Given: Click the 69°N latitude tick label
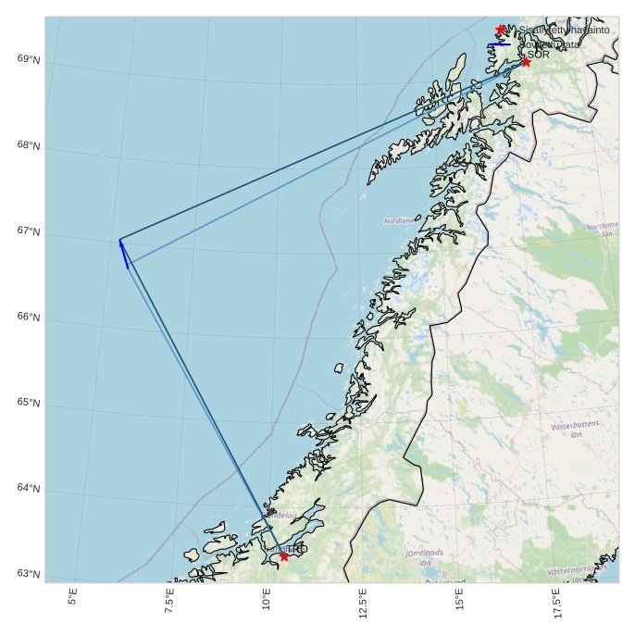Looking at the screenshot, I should pos(29,60).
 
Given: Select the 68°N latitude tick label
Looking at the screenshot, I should pos(29,146).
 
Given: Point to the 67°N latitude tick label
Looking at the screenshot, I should pos(29,231).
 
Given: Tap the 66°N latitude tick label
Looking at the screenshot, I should pos(29,318).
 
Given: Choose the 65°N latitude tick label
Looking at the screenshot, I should pos(29,403).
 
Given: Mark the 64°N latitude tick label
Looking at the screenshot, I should pos(29,489).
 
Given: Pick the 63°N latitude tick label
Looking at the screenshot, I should pos(29,574).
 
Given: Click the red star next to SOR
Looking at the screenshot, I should pos(526,62).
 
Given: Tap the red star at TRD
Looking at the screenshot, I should pos(284,556).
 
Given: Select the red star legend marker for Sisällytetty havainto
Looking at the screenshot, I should pos(500,31).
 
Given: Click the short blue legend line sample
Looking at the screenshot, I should pos(499,44).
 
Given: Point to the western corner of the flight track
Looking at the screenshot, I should pos(119,241).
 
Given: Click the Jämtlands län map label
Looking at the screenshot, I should pos(425,557).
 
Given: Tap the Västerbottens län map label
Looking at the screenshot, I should pos(575,429).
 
